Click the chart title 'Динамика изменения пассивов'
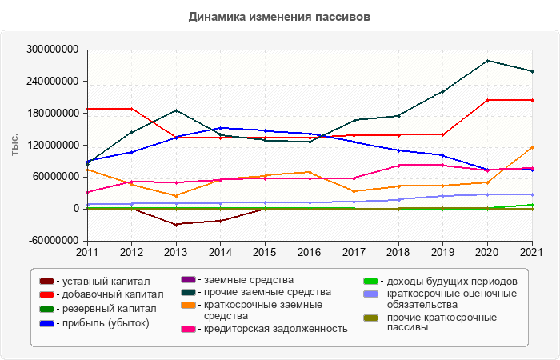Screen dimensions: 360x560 click(x=279, y=17)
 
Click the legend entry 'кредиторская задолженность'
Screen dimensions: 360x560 click(x=275, y=329)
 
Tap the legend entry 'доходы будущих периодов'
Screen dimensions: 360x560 click(x=450, y=282)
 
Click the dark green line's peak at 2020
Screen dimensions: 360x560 click(x=488, y=61)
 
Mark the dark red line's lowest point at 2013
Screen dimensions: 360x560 click(x=176, y=225)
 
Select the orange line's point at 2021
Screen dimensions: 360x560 click(x=533, y=147)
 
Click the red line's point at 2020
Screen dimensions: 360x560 click(x=488, y=100)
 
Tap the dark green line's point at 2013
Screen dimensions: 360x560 click(x=176, y=110)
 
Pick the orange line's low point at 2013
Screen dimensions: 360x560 click(x=176, y=195)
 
